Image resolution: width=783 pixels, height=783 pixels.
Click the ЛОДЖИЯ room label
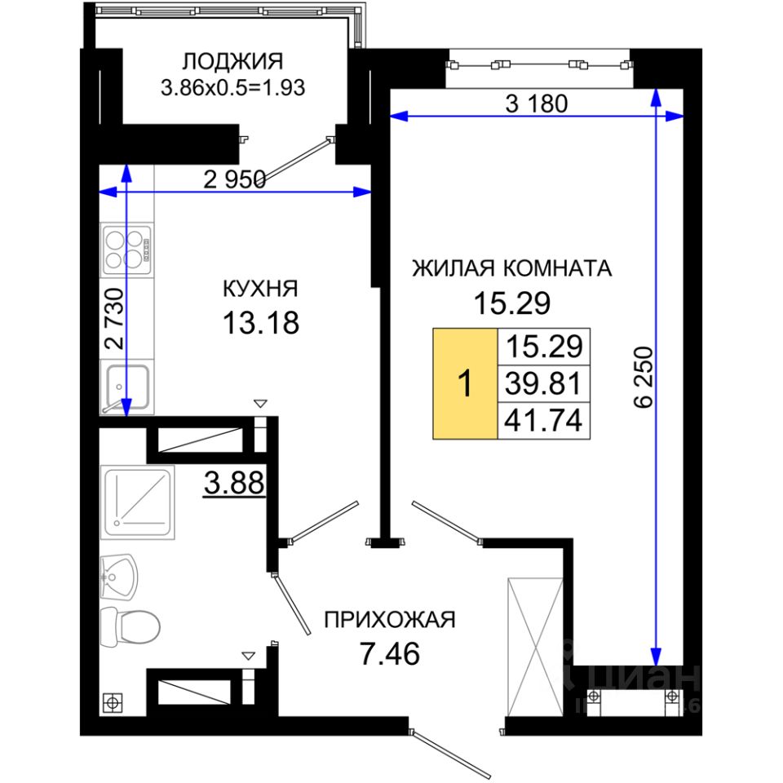point(232,62)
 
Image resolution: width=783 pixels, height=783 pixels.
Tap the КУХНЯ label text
point(260,289)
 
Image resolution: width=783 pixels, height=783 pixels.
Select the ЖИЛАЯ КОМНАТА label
point(512,268)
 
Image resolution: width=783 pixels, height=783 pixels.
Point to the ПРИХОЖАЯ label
point(390,620)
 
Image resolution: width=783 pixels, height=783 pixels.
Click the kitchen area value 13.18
point(261,323)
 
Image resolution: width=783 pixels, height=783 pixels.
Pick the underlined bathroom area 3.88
point(234,484)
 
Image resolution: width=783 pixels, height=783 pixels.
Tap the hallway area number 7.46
point(390,653)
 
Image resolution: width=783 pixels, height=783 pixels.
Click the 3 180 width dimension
point(537,104)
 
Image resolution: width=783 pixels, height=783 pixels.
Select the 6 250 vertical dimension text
point(644,378)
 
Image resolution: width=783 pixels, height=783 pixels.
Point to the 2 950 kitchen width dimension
point(234,179)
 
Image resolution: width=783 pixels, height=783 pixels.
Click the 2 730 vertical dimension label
point(115,318)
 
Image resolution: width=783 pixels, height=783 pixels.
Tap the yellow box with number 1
point(465,383)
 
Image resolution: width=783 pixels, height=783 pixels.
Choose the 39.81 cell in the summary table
point(544,383)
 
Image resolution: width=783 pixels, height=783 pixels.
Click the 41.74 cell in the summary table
point(544,421)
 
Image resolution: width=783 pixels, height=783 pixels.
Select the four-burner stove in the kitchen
point(127,250)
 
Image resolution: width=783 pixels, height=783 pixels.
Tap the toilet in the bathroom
point(130,626)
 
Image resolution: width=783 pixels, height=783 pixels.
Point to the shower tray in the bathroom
point(137,502)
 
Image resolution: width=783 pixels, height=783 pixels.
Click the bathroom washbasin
point(118,577)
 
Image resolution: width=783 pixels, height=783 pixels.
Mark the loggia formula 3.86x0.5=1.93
point(232,88)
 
